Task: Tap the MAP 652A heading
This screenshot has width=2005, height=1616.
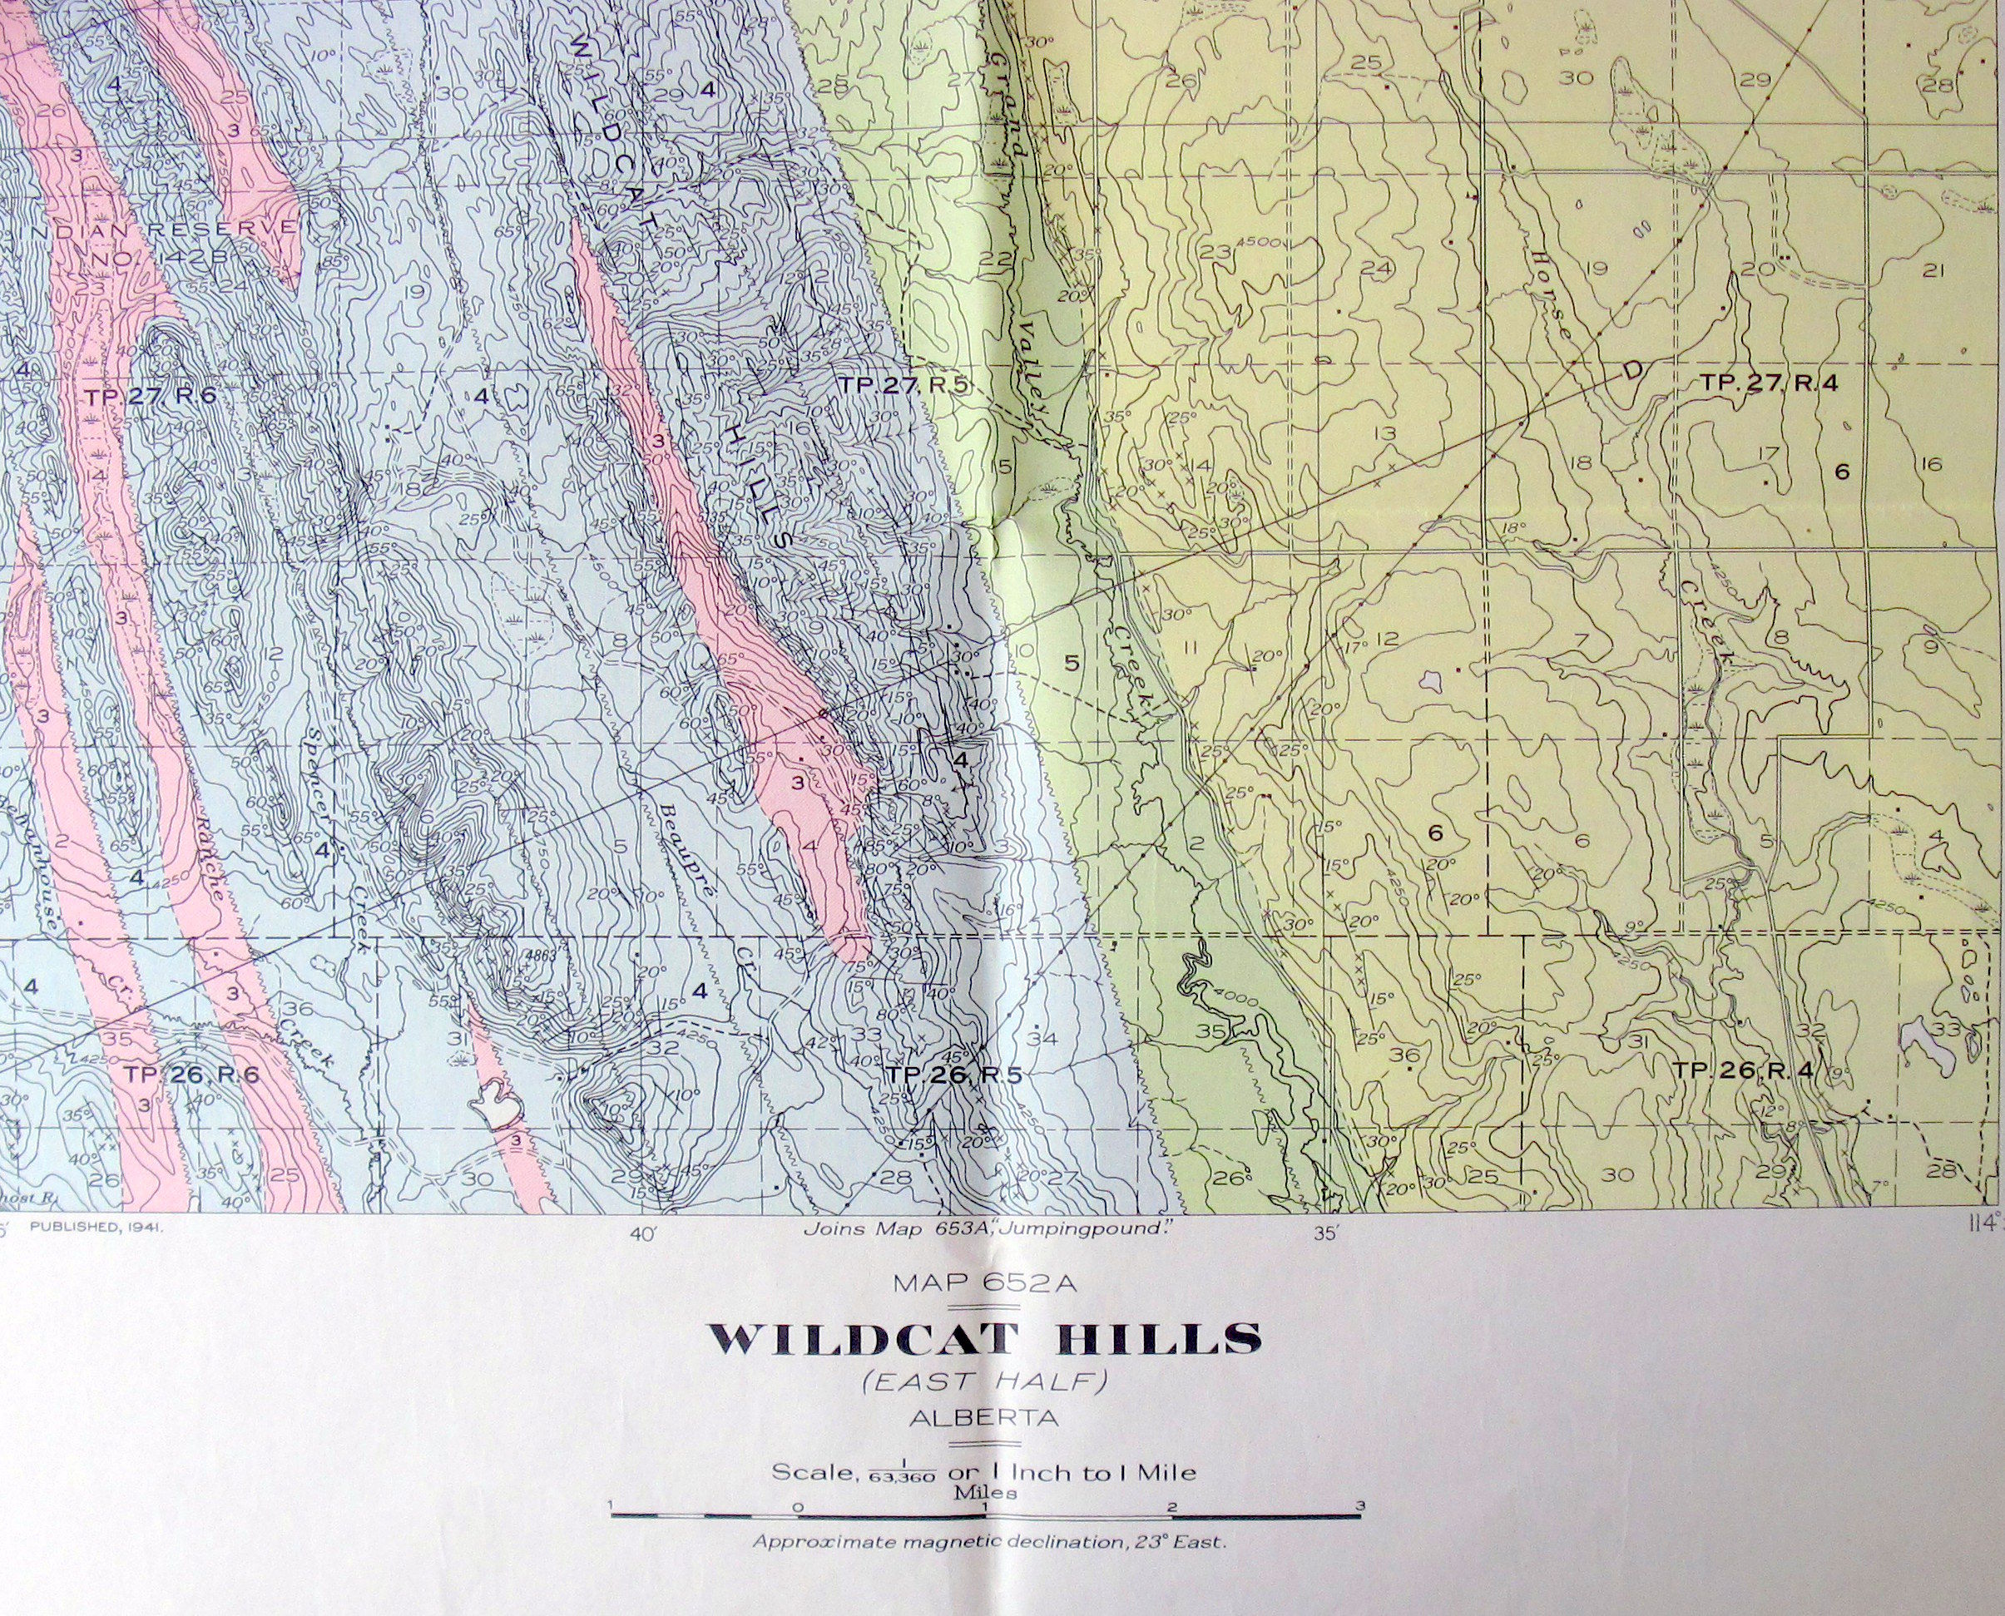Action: click(x=983, y=1285)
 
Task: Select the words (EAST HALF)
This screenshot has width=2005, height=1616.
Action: click(x=983, y=1384)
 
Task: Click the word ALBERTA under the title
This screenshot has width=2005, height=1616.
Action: click(x=983, y=1418)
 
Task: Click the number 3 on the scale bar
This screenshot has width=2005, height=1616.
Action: click(x=1362, y=1505)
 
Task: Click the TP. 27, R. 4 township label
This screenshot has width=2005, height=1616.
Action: click(x=1769, y=383)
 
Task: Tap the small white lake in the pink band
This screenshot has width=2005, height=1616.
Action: click(x=497, y=1105)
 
